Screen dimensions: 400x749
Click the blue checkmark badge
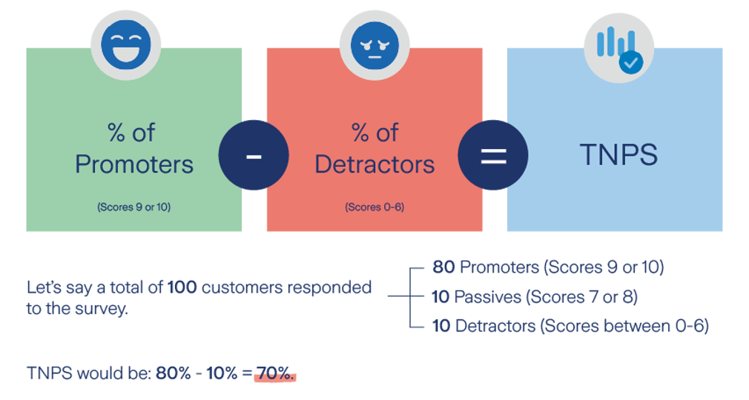coord(631,63)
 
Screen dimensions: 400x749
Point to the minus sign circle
coord(254,156)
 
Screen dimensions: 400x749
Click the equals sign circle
coord(493,156)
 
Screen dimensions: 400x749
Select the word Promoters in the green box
coord(134,164)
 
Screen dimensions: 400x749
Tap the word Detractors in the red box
coord(374,164)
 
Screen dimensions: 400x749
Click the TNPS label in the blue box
coord(618,156)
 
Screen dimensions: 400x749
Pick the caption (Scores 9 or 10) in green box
coord(133,207)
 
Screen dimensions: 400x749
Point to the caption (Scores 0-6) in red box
coord(374,207)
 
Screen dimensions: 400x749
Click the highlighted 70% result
coord(275,374)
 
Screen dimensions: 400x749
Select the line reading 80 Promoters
coord(547,267)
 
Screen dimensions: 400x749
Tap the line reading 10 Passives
coord(534,297)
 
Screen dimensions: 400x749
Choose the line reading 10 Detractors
coord(570,326)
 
